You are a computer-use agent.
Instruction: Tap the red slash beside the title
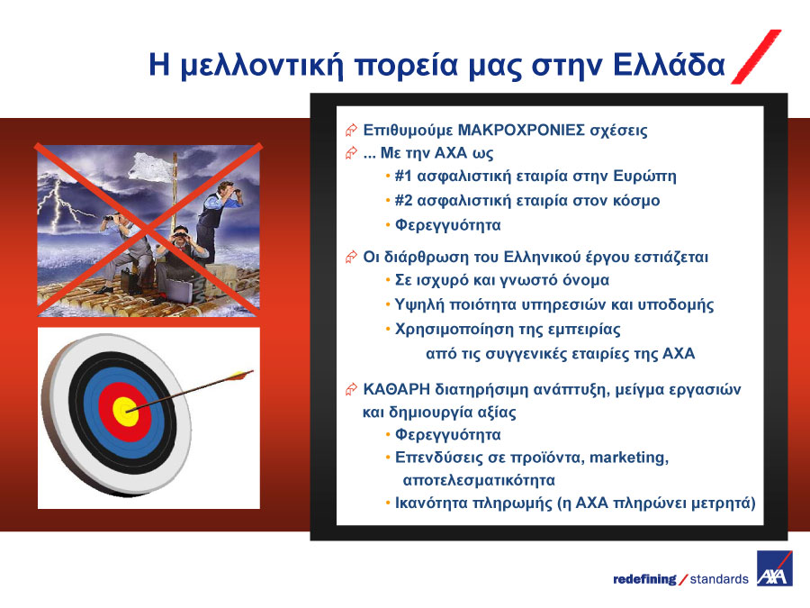point(756,57)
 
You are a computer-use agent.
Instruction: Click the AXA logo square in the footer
point(774,568)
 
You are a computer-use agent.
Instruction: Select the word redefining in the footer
point(644,579)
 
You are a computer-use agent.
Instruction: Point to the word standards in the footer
point(719,579)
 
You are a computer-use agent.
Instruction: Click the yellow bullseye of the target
point(125,412)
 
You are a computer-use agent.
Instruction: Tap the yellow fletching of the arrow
point(240,375)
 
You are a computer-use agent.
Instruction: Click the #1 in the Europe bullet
point(403,176)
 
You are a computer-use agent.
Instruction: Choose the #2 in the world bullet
point(403,200)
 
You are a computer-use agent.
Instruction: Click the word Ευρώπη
point(644,177)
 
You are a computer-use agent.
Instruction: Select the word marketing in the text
point(628,458)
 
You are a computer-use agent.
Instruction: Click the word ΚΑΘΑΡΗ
point(396,389)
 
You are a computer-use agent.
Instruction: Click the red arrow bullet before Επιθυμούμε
point(351,130)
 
